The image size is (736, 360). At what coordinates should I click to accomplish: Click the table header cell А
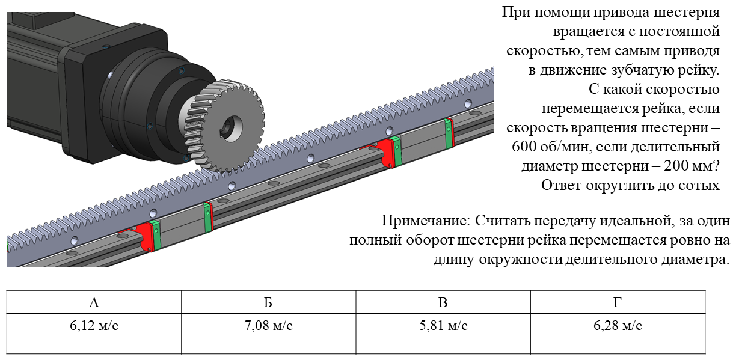pyautogui.click(x=94, y=302)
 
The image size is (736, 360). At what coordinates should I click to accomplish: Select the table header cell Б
pyautogui.click(x=268, y=302)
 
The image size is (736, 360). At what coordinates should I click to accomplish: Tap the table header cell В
pyautogui.click(x=443, y=302)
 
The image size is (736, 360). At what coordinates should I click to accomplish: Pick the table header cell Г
pyautogui.click(x=618, y=302)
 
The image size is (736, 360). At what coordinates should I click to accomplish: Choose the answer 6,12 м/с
pyautogui.click(x=94, y=326)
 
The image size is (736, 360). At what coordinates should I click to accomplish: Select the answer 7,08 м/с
pyautogui.click(x=268, y=326)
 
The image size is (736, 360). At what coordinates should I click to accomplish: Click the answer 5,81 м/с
pyautogui.click(x=443, y=326)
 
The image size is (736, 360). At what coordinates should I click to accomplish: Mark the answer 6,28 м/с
pyautogui.click(x=618, y=326)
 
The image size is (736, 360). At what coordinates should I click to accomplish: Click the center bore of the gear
pyautogui.click(x=232, y=128)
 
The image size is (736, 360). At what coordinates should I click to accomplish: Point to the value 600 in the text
pyautogui.click(x=524, y=147)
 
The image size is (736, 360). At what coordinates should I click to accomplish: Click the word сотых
pyautogui.click(x=701, y=185)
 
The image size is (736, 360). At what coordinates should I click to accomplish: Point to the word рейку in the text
pyautogui.click(x=699, y=70)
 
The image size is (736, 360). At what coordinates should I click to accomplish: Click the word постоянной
pyautogui.click(x=679, y=32)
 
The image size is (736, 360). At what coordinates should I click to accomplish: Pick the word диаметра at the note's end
pyautogui.click(x=693, y=260)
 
